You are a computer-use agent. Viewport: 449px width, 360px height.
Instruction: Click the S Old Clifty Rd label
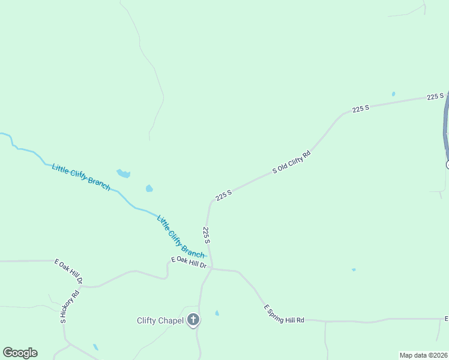[292, 162]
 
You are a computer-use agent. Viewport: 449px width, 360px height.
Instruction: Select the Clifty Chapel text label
[160, 320]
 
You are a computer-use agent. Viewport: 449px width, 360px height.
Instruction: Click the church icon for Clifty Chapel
[193, 320]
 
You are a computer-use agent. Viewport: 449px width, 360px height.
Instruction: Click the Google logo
[20, 353]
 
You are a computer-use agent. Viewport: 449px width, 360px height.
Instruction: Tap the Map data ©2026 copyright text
[424, 355]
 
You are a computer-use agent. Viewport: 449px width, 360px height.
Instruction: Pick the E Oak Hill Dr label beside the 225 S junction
[188, 262]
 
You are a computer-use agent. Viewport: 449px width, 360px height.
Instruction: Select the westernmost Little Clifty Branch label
[81, 177]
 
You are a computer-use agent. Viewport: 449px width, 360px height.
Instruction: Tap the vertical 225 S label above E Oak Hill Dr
[206, 235]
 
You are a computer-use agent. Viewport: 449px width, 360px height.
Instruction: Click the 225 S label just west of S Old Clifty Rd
[223, 195]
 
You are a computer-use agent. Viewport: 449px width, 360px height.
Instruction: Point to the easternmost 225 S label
[435, 96]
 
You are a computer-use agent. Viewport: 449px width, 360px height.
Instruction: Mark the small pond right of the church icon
[217, 313]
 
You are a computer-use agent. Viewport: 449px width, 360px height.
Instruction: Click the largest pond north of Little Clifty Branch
[123, 173]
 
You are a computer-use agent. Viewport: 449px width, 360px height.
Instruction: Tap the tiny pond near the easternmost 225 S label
[393, 94]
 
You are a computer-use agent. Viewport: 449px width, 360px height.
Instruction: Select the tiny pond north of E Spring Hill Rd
[354, 270]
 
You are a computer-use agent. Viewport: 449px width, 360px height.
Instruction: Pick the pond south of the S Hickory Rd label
[95, 347]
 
